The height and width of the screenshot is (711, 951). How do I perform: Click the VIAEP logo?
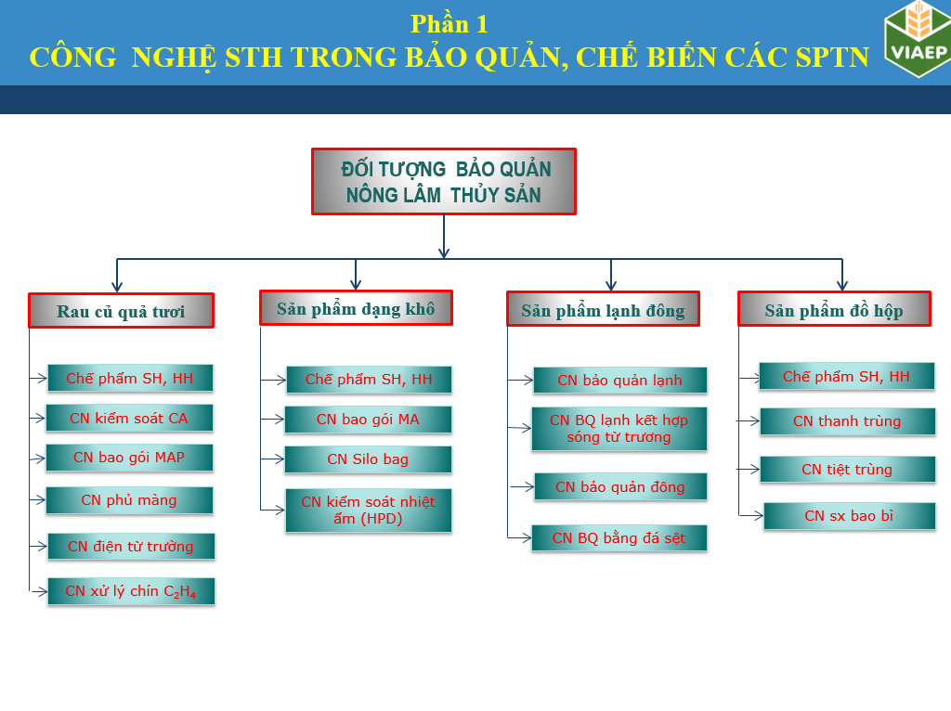coord(918,39)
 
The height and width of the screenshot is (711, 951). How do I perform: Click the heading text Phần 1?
coord(449,24)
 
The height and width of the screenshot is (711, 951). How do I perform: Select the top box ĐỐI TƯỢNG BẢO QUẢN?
coord(443,182)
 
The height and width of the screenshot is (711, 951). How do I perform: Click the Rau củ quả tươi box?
coord(121,311)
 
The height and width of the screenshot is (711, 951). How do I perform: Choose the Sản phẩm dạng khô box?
coord(356,308)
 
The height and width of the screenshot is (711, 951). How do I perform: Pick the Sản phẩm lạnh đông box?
coord(603,310)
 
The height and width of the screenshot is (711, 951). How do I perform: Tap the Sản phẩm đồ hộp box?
coord(834,310)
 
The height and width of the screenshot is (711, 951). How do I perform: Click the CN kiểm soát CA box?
coord(129,419)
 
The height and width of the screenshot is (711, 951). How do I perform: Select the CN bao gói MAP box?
coord(129,458)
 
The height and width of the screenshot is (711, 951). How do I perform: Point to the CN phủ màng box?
coord(129,500)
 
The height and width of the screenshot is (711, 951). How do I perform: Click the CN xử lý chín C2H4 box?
coord(131,591)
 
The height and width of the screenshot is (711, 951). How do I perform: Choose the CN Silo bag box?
coord(368,459)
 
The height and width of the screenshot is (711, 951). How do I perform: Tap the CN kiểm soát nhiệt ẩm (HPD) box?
coord(368,511)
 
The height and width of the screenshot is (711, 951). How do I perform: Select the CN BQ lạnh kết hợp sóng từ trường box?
coord(619,429)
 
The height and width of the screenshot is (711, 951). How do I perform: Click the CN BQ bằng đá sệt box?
coord(619,538)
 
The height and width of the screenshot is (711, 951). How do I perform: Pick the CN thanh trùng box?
coord(847,421)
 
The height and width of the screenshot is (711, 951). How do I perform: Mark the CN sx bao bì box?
coord(849,516)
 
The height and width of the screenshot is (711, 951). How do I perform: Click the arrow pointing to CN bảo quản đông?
coord(522,486)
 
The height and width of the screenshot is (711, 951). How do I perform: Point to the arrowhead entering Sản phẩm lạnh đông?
coord(611,286)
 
